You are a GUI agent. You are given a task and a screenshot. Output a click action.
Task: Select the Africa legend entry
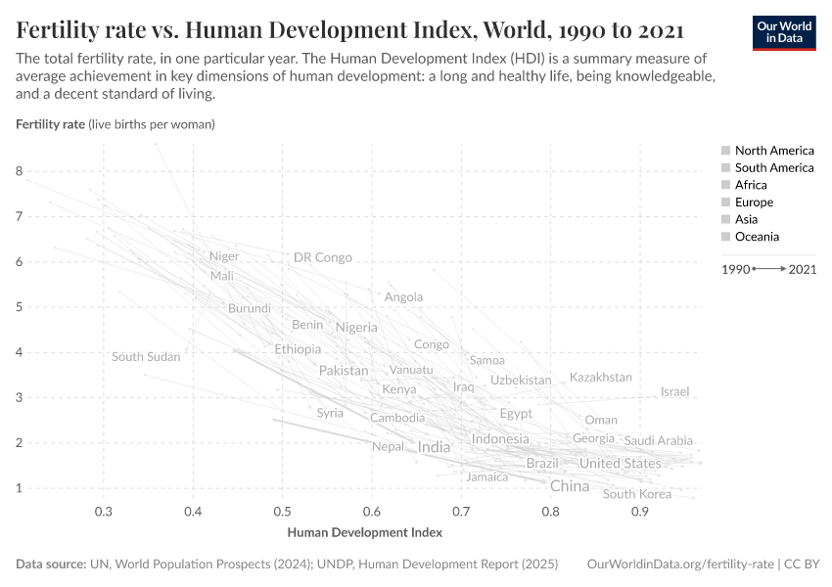click(751, 185)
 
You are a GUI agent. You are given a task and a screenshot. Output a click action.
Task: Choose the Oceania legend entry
click(757, 237)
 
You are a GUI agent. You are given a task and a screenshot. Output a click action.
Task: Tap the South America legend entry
click(773, 168)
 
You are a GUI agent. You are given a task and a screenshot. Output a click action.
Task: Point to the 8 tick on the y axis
click(19, 171)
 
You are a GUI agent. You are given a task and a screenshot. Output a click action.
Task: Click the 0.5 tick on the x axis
click(282, 512)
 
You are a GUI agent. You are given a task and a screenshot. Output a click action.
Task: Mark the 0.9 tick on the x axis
click(639, 512)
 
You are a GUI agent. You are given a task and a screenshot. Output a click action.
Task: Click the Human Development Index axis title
click(364, 533)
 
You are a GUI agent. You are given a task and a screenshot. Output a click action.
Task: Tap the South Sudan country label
click(146, 357)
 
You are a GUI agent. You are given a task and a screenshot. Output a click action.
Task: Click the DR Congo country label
click(322, 258)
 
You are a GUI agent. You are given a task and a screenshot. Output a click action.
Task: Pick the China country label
click(570, 486)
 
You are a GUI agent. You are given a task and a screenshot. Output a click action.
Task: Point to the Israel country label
click(674, 392)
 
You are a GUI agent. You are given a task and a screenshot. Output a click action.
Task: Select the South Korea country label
click(637, 494)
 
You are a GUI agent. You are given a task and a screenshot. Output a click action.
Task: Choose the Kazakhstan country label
click(600, 378)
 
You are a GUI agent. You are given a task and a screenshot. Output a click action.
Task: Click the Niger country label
click(223, 257)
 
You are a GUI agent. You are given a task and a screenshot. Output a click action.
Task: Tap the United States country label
click(620, 464)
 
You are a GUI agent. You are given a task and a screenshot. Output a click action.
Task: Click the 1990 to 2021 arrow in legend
click(769, 268)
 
